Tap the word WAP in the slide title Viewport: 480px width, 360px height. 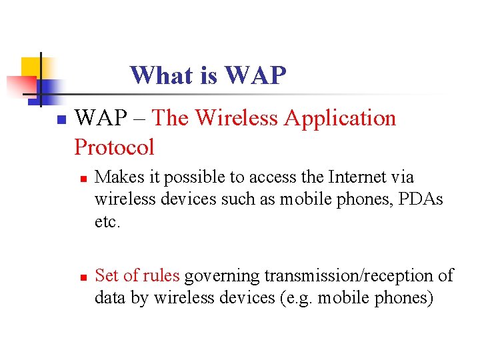pyautogui.click(x=257, y=75)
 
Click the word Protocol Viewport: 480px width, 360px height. pyautogui.click(x=114, y=147)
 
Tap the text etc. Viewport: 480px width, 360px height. pyautogui.click(x=107, y=221)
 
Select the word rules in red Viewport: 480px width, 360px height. pyautogui.click(x=161, y=275)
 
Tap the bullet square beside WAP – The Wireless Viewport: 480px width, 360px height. pyautogui.click(x=59, y=121)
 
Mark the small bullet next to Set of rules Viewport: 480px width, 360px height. pyautogui.click(x=82, y=277)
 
